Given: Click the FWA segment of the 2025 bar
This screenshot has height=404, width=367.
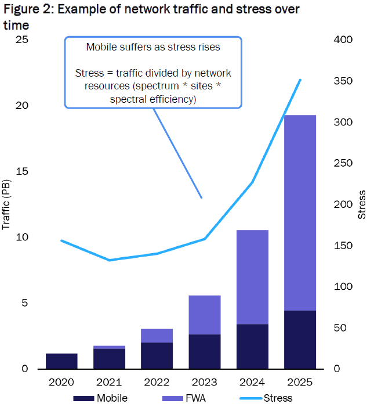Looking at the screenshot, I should pyautogui.click(x=300, y=212).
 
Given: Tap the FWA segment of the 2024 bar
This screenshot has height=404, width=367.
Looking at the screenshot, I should pyautogui.click(x=252, y=277).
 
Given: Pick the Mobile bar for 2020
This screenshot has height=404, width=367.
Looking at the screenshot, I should pyautogui.click(x=61, y=361).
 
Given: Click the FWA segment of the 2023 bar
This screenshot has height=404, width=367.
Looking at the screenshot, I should pyautogui.click(x=205, y=315).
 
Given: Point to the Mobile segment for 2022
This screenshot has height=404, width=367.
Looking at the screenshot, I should pyautogui.click(x=157, y=355).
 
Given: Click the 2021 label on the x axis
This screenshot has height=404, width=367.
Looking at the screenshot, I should pyautogui.click(x=109, y=383).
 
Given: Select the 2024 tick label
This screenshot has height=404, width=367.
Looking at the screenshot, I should pyautogui.click(x=252, y=383).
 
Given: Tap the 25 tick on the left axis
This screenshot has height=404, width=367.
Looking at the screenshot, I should pyautogui.click(x=21, y=39).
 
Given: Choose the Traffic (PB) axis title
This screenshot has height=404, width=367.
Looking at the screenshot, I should pyautogui.click(x=7, y=204).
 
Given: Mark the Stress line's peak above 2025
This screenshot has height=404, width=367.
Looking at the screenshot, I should pyautogui.click(x=300, y=80).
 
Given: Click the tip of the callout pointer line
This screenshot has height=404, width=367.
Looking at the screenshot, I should pyautogui.click(x=202, y=198).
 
